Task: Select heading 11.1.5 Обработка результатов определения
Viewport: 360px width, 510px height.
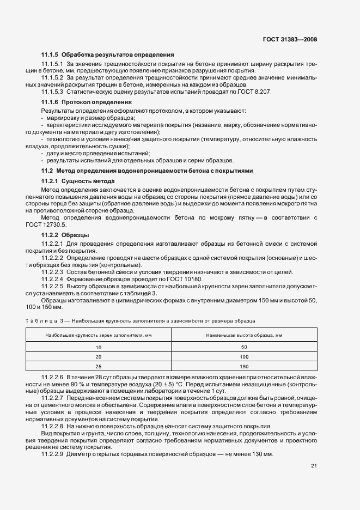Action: pos(107,55)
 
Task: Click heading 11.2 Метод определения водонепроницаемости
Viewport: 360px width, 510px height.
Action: pos(148,171)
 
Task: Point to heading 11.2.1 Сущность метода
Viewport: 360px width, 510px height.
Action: pos(78,181)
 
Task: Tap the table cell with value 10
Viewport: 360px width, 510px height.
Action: pos(99,347)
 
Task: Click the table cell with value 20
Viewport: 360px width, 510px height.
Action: pos(99,357)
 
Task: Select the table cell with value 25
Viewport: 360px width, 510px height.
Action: pos(99,367)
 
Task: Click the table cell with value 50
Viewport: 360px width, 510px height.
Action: pos(243,347)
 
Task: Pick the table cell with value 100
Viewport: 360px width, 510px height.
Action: pos(243,357)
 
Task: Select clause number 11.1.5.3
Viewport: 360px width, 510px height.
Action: pos(50,92)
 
